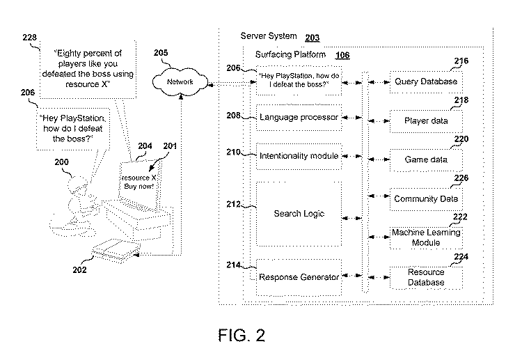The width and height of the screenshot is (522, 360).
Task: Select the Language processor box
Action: click(299, 118)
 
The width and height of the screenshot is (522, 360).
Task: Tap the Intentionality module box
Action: click(299, 156)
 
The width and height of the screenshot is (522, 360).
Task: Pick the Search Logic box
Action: click(299, 214)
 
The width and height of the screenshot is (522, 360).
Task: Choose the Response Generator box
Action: click(299, 277)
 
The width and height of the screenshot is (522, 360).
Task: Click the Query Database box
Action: click(425, 81)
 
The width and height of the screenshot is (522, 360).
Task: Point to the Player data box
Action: click(425, 120)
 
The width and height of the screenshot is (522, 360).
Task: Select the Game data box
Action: click(425, 159)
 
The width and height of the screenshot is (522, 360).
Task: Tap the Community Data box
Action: click(425, 198)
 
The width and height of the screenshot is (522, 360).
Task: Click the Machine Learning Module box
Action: click(425, 237)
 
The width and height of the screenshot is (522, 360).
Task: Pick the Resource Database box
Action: click(425, 276)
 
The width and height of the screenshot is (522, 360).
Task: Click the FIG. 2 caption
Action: click(242, 335)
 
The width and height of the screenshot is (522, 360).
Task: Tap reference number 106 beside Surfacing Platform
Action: click(343, 55)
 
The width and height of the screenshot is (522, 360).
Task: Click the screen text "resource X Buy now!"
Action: click(139, 182)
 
